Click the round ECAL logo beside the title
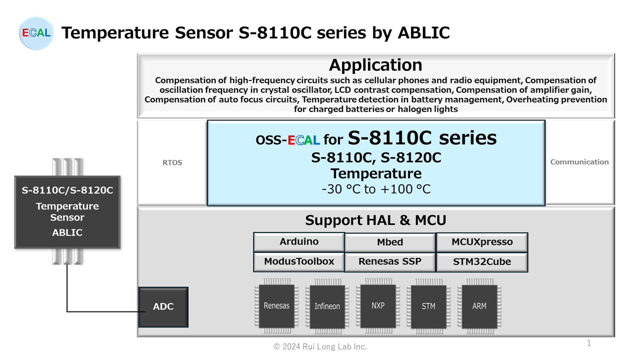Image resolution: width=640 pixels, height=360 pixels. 36,33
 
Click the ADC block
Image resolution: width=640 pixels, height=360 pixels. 163,307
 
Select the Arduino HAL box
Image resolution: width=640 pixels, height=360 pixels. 299,242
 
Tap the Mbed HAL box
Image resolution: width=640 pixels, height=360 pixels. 390,242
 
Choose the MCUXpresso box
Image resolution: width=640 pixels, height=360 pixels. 482,242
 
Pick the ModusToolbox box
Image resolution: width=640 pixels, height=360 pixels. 299,261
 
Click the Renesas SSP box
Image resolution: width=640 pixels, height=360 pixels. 390,262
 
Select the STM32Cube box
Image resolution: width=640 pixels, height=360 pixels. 482,262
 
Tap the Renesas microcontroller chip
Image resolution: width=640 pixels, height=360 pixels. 276,306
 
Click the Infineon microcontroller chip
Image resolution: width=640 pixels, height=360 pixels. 327,306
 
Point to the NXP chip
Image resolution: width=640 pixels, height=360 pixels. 378,306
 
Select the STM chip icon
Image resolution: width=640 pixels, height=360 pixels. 428,306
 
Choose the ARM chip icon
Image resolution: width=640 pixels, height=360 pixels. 479,306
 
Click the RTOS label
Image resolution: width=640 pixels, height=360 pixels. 172,162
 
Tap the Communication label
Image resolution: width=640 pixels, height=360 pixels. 579,162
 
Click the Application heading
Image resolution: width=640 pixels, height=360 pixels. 375,65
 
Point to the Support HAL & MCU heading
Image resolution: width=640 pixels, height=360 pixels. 375,220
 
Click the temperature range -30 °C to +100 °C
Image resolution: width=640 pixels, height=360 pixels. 376,189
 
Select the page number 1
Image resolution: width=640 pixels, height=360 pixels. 589,343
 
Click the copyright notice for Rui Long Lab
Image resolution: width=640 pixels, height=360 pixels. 320,347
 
